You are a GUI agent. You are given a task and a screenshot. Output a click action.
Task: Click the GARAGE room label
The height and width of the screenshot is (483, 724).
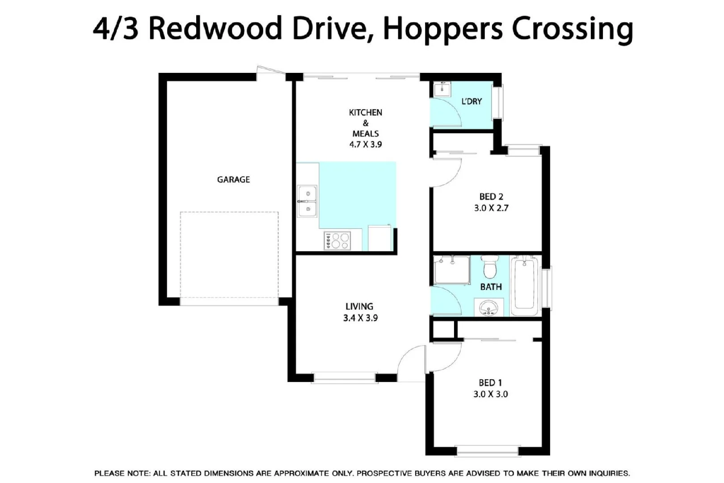tap(233, 179)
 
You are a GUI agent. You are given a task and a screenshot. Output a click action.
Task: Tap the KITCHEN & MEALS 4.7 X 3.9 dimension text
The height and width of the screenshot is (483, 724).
tap(366, 144)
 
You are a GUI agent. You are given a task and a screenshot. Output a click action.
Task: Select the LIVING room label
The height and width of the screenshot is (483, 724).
tap(359, 306)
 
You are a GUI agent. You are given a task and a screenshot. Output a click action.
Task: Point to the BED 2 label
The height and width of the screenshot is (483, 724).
tap(491, 196)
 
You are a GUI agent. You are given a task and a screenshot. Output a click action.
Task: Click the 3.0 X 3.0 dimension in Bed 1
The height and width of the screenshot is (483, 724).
tap(490, 394)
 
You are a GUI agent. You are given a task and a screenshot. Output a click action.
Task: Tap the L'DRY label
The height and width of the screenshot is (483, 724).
tap(471, 102)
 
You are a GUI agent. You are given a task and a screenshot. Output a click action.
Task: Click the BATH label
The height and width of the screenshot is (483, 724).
tap(491, 287)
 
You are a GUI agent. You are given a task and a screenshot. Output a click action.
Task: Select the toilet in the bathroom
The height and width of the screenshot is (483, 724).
tap(490, 267)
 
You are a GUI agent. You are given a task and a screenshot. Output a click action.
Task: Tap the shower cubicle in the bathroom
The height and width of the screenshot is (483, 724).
tap(452, 270)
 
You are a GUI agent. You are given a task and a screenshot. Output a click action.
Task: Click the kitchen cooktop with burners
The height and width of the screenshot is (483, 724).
tap(337, 241)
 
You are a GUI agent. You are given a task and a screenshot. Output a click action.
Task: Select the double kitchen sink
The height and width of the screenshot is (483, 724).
tap(307, 201)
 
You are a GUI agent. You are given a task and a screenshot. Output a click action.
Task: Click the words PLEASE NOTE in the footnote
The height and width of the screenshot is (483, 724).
tap(122, 473)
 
